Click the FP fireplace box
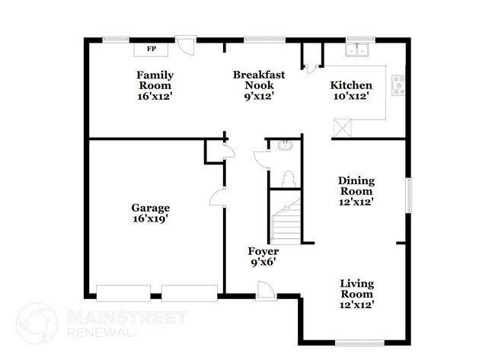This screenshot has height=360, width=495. (x=151, y=49)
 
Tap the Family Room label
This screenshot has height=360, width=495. (x=155, y=81)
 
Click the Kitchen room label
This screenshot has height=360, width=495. (x=350, y=86)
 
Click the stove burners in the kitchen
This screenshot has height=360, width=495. (x=398, y=85)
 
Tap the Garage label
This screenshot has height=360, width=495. (x=149, y=208)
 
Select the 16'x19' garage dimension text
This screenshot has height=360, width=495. (x=149, y=218)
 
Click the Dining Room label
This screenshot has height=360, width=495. (x=356, y=186)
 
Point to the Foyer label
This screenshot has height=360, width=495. (x=263, y=251)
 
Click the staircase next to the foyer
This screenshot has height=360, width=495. (x=287, y=220)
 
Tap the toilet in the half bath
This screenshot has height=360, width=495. (x=288, y=178)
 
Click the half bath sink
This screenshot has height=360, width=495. (x=285, y=145)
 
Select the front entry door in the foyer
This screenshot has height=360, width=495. (x=266, y=290)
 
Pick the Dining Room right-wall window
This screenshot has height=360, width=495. (x=408, y=196)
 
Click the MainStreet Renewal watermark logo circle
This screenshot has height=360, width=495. (x=36, y=322)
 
